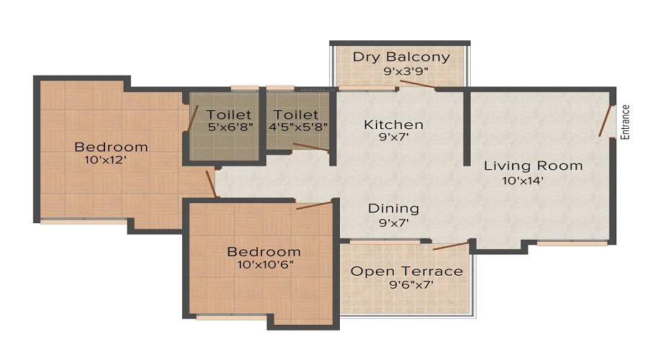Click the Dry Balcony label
401,57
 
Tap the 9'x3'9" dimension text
401,71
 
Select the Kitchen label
393,125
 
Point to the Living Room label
533,166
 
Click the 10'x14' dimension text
523,181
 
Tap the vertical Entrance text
625,122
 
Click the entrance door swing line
606,120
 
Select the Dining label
393,209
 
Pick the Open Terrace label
406,271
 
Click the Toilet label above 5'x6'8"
229,114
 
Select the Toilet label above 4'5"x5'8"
296,114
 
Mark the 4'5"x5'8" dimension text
297,128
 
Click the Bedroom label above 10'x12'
111,147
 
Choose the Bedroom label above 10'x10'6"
264,251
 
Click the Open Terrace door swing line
451,246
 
